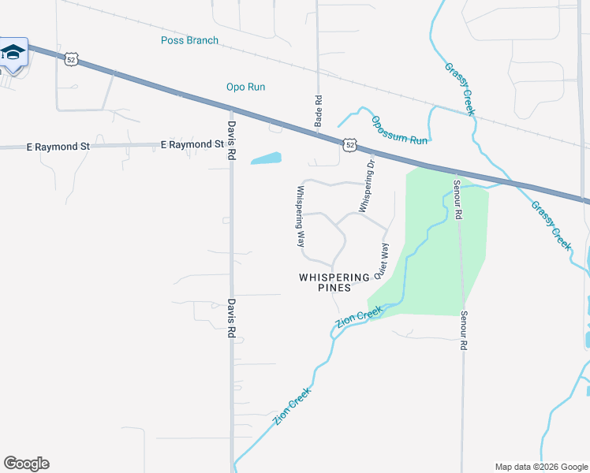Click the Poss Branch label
(x=189, y=40)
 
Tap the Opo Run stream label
(x=245, y=87)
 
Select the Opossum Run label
(x=399, y=130)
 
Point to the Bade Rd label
(x=319, y=111)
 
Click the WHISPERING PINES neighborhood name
(x=334, y=282)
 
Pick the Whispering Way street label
(x=300, y=217)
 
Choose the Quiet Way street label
(x=382, y=261)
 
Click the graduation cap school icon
(x=13, y=53)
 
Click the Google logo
(x=26, y=464)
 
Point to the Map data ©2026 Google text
(x=540, y=467)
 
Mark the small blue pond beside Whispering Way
(x=267, y=158)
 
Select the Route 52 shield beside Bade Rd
(x=349, y=144)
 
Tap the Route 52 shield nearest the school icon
(x=72, y=60)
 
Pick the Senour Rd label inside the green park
(x=457, y=200)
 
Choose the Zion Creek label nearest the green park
(x=359, y=317)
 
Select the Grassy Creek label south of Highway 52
(x=551, y=225)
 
